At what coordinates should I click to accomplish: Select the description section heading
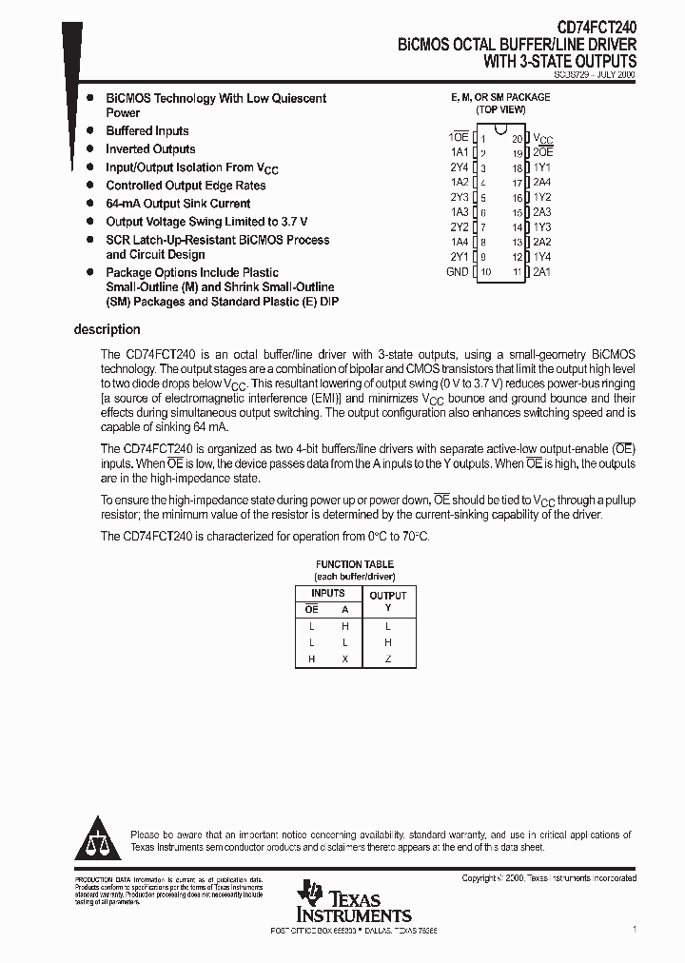[x=107, y=329]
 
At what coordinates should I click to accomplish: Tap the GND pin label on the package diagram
[x=457, y=272]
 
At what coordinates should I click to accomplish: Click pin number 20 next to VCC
[x=518, y=138]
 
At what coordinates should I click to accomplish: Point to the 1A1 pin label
[x=460, y=152]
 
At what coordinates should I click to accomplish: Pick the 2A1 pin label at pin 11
[x=542, y=272]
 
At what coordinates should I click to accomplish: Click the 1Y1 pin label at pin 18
[x=542, y=167]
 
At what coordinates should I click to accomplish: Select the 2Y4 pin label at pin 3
[x=460, y=167]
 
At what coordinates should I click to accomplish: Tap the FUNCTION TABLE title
[x=354, y=564]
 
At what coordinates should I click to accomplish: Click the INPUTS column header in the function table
[x=328, y=593]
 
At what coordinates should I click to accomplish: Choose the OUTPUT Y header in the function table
[x=387, y=600]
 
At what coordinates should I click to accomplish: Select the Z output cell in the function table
[x=387, y=659]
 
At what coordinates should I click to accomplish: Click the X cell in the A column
[x=344, y=659]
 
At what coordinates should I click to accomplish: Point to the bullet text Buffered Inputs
[x=147, y=131]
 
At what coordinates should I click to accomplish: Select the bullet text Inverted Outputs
[x=150, y=149]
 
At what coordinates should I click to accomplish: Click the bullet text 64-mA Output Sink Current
[x=178, y=204]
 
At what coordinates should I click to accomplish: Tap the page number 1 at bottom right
[x=634, y=928]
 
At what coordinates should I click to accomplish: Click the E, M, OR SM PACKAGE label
[x=499, y=97]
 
